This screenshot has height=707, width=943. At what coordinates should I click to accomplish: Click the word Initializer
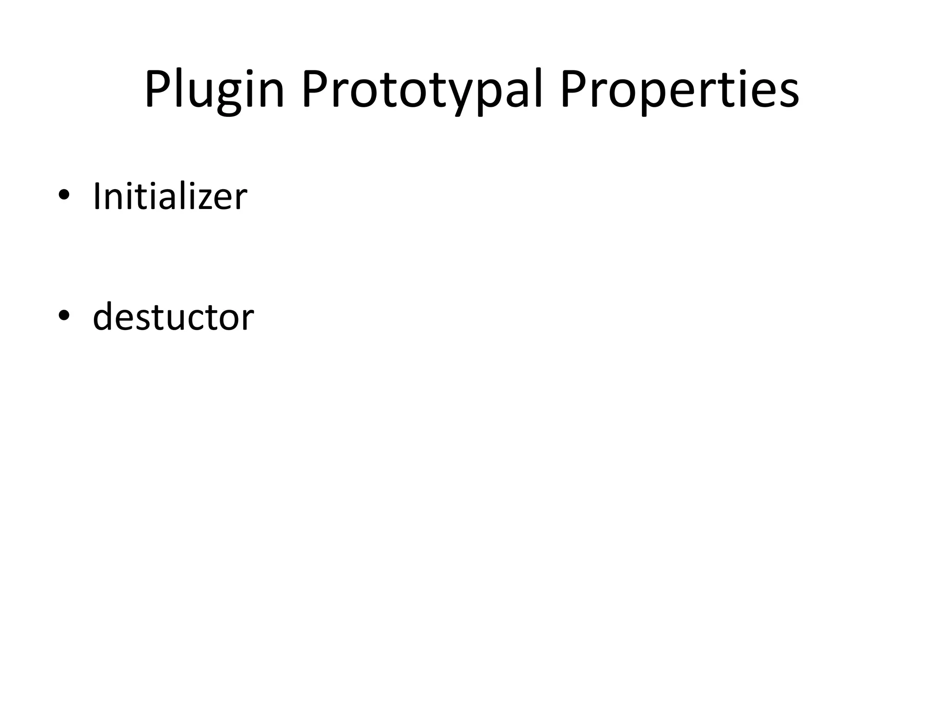[x=170, y=197]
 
